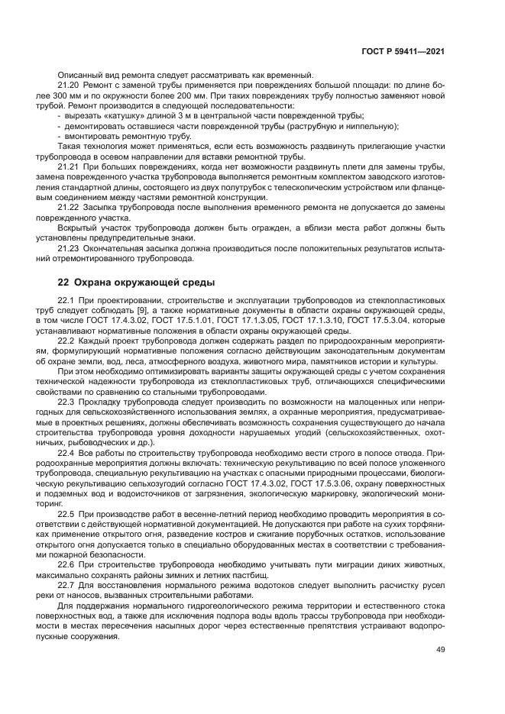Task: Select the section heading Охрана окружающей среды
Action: coord(137,282)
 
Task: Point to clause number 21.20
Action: coord(69,85)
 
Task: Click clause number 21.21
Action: coord(69,165)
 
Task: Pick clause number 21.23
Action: coord(69,249)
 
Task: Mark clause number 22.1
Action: coord(67,300)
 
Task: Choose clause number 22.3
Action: coord(67,401)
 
